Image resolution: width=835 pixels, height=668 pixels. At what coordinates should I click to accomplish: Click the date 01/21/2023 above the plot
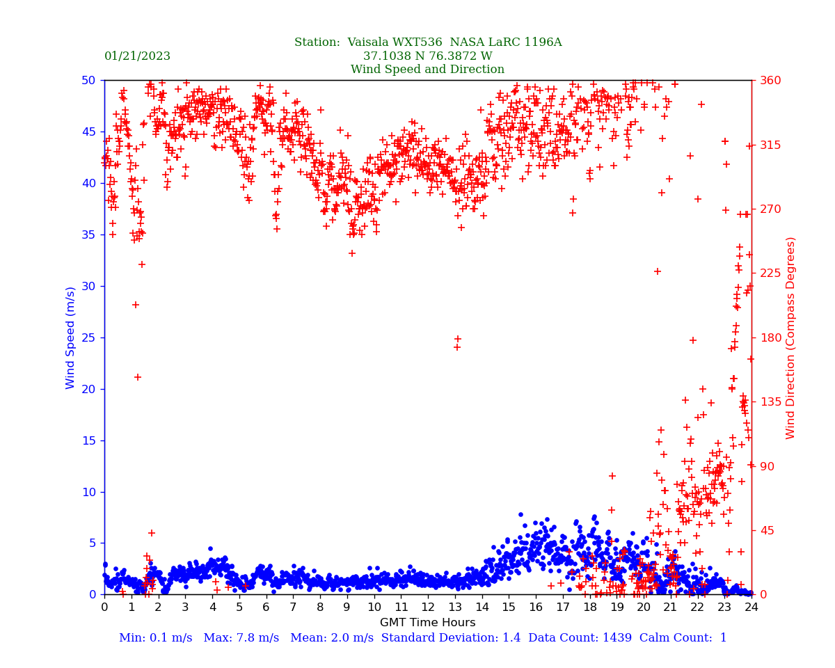tap(137, 56)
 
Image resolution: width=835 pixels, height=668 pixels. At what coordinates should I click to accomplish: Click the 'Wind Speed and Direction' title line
tap(427, 70)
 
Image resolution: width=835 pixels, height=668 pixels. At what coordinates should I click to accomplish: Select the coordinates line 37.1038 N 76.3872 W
tap(427, 56)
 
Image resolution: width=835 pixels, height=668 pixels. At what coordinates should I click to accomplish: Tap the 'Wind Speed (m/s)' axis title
tap(71, 337)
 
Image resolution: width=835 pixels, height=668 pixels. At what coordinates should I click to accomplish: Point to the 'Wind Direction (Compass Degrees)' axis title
tap(790, 337)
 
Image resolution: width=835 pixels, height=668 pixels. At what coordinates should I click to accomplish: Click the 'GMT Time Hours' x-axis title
tap(427, 623)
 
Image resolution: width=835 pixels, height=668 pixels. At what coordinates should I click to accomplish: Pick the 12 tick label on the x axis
tap(428, 607)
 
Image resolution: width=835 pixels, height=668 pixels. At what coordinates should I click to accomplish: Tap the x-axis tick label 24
tap(751, 607)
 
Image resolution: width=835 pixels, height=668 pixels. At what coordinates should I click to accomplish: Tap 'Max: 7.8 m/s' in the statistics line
tap(241, 638)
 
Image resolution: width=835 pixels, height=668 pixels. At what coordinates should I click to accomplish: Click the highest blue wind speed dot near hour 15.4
tap(520, 514)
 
